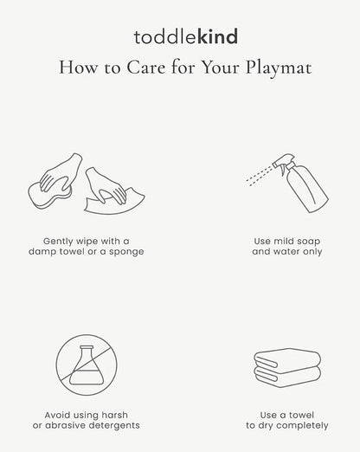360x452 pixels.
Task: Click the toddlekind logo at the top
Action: pos(186,37)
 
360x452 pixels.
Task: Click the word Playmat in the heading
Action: pos(279,68)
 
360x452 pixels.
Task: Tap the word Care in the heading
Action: pos(146,68)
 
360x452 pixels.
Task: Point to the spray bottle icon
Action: pos(300,183)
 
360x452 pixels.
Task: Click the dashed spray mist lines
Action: pos(260,176)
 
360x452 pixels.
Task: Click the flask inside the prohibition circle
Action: pos(87,365)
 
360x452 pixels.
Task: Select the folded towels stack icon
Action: pos(287,367)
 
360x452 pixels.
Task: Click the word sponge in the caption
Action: pos(126,252)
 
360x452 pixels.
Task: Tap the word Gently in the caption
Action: pos(58,242)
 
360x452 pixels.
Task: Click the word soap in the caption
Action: pos(307,242)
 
